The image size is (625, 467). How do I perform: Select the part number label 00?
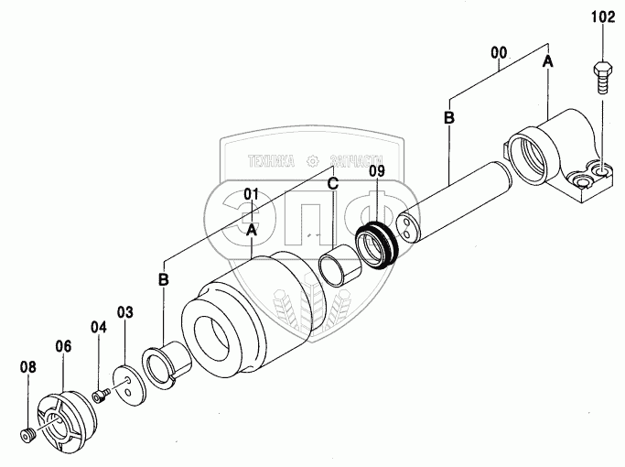point(500,53)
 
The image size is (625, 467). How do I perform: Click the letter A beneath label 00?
point(548,61)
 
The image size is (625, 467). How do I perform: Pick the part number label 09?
point(377,170)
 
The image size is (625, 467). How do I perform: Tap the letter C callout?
point(333,184)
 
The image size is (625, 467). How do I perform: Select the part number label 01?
point(252,194)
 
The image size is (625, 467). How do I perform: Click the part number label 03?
point(124,313)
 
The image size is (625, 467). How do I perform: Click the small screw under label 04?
point(100,396)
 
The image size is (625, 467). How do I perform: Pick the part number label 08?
point(28,367)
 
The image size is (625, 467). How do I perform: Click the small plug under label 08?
point(27,433)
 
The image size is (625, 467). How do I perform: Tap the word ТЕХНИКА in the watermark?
point(270,161)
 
